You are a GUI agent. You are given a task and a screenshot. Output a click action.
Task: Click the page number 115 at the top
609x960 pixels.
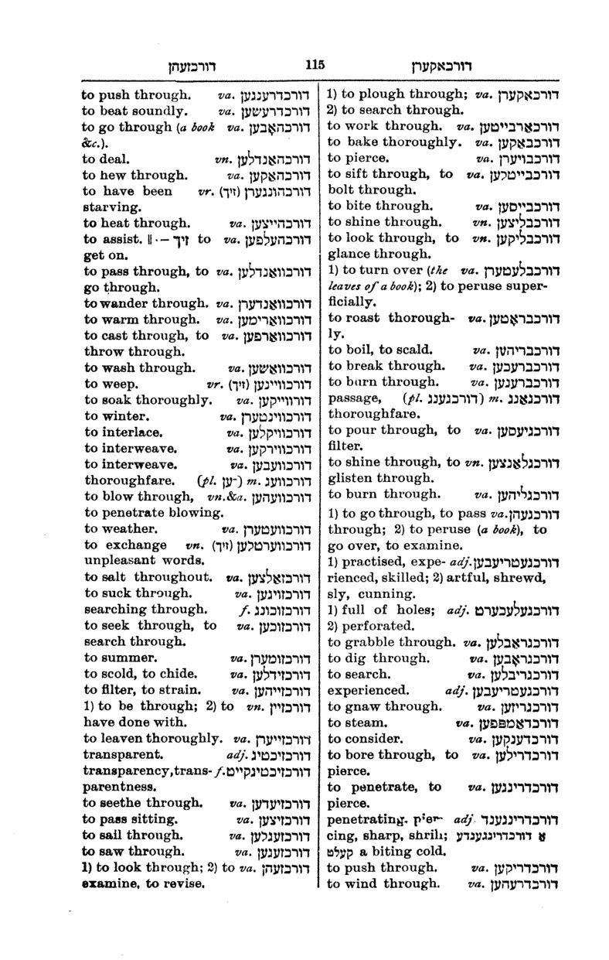click(314, 66)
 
